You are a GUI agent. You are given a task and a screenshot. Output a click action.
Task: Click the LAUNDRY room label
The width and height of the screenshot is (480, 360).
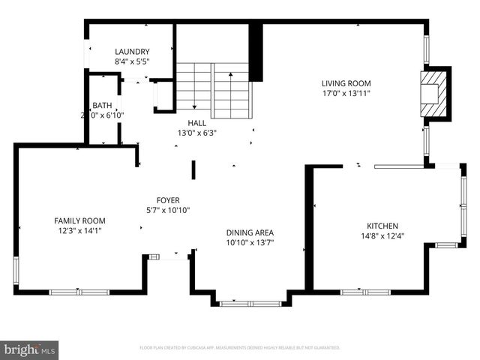point(132,52)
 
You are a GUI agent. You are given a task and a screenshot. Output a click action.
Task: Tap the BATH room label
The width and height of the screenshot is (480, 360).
point(102,106)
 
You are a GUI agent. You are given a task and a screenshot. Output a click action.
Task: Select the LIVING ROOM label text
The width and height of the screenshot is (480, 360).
point(346,83)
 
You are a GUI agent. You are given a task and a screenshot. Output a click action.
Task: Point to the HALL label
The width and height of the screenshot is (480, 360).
point(196,122)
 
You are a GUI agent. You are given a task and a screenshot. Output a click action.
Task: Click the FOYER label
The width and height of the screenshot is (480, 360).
point(167,200)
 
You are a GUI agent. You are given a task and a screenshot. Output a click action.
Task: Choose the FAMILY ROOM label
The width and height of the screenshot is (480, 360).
point(79,220)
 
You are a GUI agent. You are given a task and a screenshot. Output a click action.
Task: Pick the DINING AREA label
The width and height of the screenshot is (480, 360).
point(250,232)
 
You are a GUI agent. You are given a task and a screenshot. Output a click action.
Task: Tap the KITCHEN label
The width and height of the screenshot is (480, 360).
point(382,226)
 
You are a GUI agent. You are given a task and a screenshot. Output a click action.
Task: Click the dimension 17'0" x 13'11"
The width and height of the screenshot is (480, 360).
point(346,94)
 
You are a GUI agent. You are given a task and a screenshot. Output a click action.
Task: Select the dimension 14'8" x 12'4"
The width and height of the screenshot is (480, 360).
point(382,236)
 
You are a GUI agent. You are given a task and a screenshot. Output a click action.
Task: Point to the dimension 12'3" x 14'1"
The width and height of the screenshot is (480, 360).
point(79,231)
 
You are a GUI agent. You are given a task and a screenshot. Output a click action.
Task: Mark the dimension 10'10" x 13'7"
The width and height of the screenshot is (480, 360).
point(250,243)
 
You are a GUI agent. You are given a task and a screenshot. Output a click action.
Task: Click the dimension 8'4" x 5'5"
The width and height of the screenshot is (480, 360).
point(132,61)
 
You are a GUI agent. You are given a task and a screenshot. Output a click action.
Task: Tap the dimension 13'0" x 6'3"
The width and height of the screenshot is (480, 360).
point(196,133)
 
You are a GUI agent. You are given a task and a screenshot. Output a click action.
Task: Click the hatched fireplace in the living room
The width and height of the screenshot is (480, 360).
point(434,93)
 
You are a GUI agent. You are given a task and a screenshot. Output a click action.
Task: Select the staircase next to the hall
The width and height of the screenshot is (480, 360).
point(213,90)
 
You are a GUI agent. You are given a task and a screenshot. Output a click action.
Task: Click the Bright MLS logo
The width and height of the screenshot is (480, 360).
point(30,350)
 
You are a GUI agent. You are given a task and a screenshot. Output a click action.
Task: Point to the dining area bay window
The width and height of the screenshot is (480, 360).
point(250,303)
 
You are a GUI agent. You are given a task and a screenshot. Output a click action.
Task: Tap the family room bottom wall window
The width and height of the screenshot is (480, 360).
point(79,292)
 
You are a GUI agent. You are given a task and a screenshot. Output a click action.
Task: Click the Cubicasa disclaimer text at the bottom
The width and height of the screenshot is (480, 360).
point(240,348)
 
